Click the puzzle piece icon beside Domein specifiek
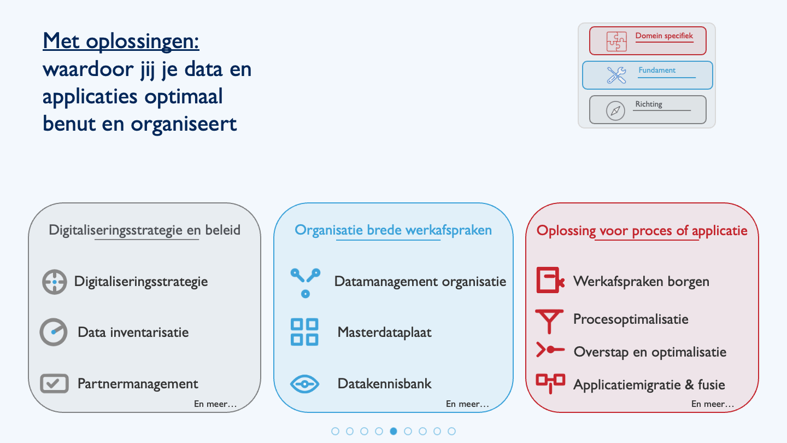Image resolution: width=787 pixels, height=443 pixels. tap(616, 42)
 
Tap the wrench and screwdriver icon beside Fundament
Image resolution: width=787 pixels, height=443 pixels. tap(616, 75)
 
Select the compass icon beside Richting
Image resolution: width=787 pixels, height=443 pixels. tap(615, 110)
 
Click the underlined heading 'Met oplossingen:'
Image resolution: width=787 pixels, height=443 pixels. tap(121, 41)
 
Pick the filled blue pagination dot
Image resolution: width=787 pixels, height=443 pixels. tap(393, 431)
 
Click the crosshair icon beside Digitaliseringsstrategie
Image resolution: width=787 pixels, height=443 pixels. tap(55, 282)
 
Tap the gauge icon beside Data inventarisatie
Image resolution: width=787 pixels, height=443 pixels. tap(54, 333)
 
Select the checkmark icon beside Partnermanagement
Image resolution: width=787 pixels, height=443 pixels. tap(54, 383)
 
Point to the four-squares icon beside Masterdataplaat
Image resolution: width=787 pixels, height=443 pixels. tap(304, 333)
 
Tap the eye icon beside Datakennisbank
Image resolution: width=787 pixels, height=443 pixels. tap(304, 384)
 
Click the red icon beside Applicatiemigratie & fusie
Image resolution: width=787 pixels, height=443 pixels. tap(550, 383)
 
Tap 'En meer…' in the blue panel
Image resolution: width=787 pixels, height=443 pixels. tap(467, 404)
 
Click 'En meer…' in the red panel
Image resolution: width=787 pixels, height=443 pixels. tap(713, 404)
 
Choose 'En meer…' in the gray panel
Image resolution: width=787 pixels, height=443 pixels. tap(215, 404)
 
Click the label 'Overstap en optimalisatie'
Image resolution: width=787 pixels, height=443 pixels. tap(650, 352)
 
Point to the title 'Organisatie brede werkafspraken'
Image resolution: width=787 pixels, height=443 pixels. tap(393, 230)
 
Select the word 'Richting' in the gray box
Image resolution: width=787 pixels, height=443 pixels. tap(649, 104)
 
